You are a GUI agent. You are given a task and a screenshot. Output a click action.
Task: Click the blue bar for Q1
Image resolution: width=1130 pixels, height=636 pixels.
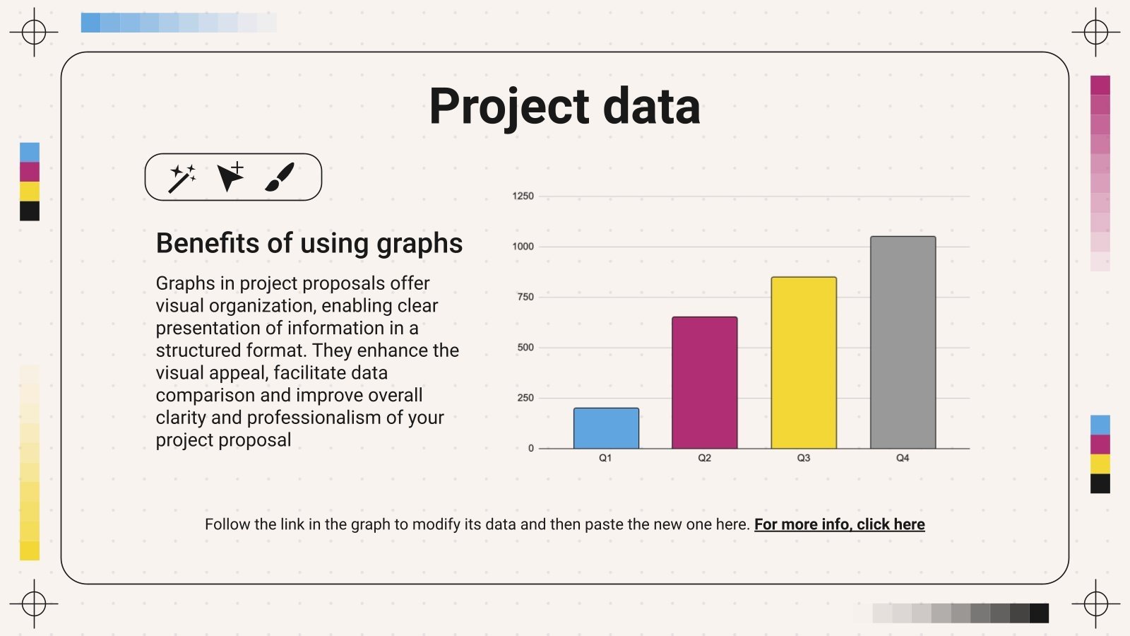tap(606, 428)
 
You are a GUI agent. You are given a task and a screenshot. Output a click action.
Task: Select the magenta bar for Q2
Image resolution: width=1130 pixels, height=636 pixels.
tap(704, 382)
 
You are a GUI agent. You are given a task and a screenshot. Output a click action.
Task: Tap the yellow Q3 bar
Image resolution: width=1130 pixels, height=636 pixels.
tap(804, 363)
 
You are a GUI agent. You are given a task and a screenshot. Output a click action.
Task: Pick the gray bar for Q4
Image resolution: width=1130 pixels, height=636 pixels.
tap(903, 342)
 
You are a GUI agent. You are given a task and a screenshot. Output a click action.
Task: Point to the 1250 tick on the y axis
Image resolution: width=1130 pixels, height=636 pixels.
tap(523, 196)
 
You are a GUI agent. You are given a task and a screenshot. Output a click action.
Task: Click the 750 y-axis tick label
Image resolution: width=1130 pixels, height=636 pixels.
tap(525, 297)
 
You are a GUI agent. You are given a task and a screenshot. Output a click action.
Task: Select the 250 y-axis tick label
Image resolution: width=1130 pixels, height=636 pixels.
tap(525, 398)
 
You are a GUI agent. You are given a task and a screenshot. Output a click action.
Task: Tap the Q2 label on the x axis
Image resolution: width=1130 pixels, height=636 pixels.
tap(704, 458)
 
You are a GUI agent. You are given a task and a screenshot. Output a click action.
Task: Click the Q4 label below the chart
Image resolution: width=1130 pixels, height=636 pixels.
tap(903, 458)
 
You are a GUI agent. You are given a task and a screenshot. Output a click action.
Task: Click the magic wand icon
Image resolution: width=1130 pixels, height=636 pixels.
tap(182, 178)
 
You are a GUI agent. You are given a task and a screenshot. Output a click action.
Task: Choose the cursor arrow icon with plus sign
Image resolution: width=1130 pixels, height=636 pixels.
tap(230, 177)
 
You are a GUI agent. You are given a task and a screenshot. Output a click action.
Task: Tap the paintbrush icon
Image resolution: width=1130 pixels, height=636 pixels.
tap(280, 177)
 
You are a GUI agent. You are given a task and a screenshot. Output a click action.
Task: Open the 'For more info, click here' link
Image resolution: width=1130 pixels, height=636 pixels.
tap(839, 524)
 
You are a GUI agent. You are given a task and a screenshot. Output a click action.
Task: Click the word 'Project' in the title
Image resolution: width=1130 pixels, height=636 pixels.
tap(509, 107)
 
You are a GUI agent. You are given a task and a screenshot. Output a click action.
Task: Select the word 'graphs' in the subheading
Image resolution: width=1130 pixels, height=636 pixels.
tap(419, 244)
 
